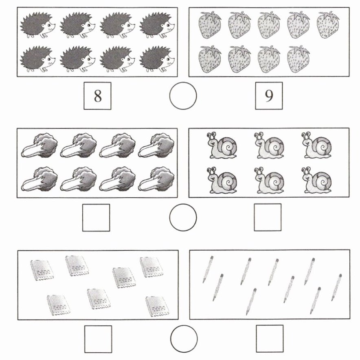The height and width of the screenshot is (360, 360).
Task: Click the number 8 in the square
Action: click(x=98, y=96)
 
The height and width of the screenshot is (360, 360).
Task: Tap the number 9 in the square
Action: click(x=269, y=96)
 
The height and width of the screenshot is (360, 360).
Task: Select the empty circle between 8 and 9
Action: click(x=183, y=96)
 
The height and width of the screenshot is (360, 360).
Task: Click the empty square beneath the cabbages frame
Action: click(x=96, y=217)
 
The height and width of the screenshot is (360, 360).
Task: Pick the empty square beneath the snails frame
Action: click(x=268, y=217)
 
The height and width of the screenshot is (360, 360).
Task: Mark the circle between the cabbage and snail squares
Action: click(x=183, y=217)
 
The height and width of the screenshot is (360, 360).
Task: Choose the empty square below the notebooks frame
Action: click(x=98, y=339)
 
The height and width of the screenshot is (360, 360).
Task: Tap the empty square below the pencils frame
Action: click(x=270, y=339)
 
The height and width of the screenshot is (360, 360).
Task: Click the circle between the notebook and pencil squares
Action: click(x=184, y=339)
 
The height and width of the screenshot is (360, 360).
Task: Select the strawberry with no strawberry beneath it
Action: click(x=328, y=25)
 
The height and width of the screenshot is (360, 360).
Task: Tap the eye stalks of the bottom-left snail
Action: click(x=211, y=171)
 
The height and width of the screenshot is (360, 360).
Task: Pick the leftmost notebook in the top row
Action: click(x=42, y=270)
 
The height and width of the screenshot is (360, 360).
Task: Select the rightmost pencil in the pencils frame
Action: click(x=336, y=287)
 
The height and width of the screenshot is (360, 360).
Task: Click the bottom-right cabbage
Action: click(x=156, y=179)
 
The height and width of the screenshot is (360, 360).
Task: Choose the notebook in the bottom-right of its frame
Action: click(x=157, y=306)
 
